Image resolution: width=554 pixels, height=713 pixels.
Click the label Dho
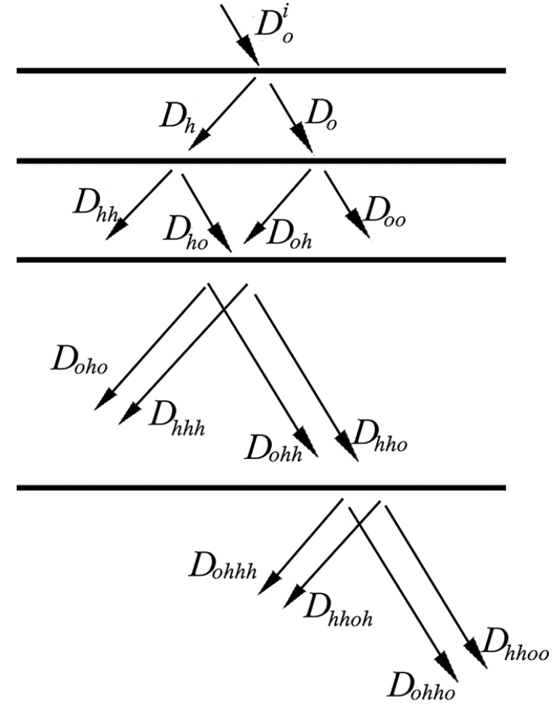tap(186, 232)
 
